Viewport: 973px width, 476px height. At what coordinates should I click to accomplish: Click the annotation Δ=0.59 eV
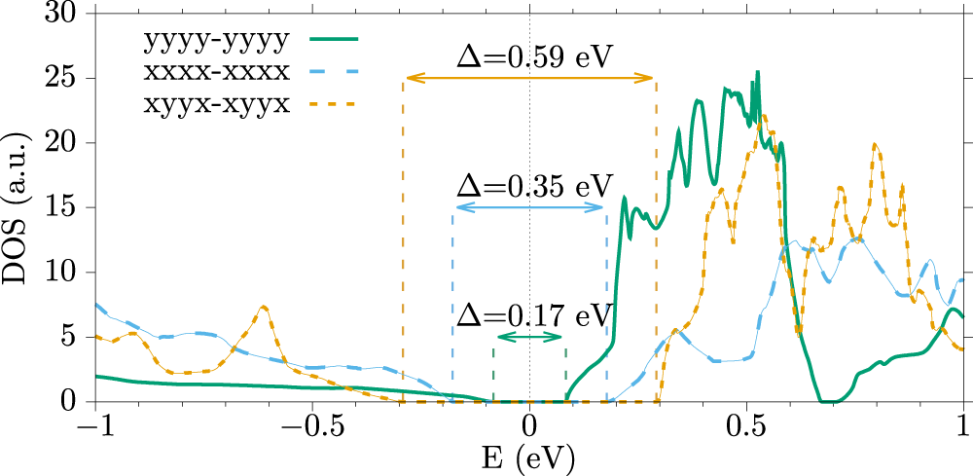534,56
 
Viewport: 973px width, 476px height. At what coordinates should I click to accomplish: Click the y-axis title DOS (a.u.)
21,207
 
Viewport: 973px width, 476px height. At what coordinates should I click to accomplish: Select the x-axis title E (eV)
528,457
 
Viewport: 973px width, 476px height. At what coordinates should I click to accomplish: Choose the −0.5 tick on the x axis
311,426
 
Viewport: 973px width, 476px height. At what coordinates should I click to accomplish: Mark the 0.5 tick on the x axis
746,426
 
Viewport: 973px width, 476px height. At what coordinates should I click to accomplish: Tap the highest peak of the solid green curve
757,72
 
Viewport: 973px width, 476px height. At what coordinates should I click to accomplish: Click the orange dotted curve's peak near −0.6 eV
263,307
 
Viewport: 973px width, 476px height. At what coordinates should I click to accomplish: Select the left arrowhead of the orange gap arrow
408,79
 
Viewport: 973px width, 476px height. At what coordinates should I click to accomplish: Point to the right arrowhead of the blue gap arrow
603,208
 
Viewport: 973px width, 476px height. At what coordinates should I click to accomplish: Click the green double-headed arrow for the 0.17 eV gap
529,338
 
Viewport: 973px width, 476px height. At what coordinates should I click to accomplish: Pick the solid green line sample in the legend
335,40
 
